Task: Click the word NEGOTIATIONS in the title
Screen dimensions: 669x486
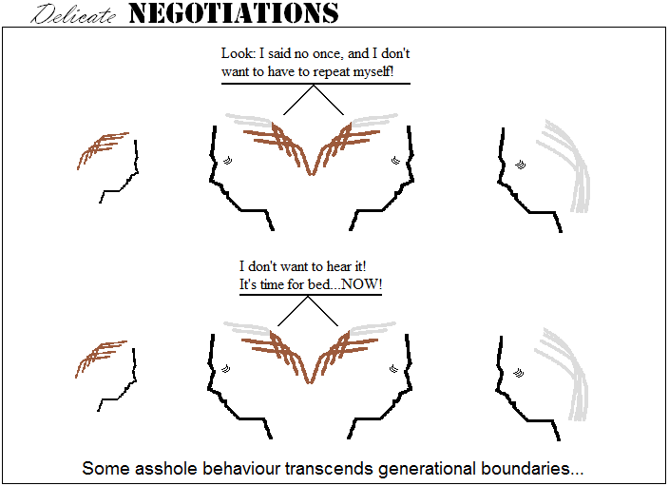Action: [234, 13]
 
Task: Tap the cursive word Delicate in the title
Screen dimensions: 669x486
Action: [73, 14]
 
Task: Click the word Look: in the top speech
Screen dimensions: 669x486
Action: [238, 53]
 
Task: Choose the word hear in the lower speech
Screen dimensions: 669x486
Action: [338, 266]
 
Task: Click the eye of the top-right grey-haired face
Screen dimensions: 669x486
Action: [520, 165]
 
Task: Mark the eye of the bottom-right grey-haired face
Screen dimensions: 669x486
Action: [519, 373]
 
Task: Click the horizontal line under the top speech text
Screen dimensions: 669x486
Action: [315, 84]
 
